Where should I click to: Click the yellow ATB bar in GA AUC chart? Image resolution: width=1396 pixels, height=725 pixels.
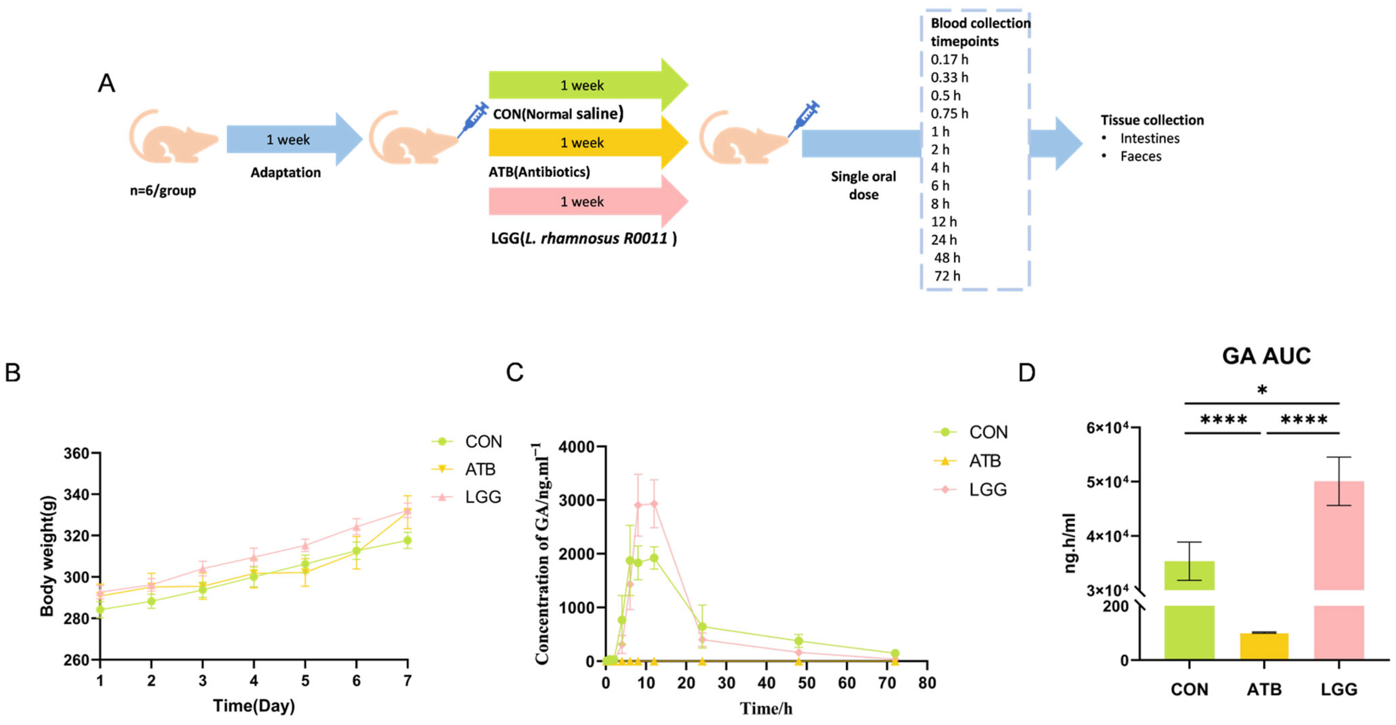(x=1264, y=646)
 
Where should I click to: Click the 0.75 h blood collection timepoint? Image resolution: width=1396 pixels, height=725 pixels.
(x=949, y=113)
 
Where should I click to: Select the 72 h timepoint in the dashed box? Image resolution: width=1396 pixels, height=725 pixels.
(x=947, y=276)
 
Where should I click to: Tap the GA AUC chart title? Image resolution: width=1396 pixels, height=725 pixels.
(x=1266, y=356)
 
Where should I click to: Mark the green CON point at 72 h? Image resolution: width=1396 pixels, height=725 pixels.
(x=895, y=653)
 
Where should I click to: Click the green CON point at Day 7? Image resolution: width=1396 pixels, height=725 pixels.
(x=407, y=540)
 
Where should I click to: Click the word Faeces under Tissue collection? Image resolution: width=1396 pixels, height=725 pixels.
(x=1141, y=156)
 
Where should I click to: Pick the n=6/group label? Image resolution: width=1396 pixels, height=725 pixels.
(x=162, y=191)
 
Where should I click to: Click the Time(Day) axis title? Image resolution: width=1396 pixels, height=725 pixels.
(x=254, y=706)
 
